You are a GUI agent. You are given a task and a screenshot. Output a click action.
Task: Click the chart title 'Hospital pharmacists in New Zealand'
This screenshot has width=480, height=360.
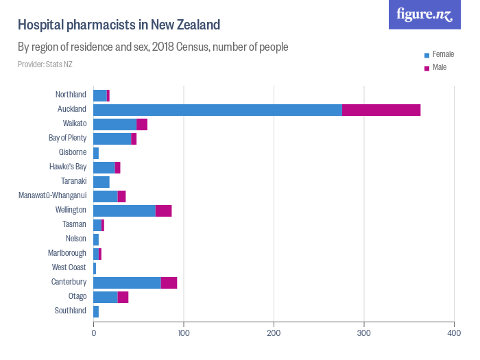tap(119, 25)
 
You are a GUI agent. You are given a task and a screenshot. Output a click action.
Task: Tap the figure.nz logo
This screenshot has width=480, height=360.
tap(424, 14)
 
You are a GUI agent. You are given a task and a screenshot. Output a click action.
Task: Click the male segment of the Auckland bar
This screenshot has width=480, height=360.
tap(381, 110)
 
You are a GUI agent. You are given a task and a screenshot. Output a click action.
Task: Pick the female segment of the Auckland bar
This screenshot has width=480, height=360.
tap(217, 110)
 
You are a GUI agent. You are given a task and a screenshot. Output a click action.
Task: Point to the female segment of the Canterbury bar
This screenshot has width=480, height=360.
tap(127, 283)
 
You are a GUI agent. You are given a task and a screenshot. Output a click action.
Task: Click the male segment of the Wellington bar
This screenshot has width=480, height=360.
tap(163, 211)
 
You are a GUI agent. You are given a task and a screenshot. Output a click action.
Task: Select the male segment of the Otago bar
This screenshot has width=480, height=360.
tap(123, 297)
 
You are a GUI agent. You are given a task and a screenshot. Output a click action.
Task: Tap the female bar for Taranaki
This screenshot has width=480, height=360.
tap(101, 182)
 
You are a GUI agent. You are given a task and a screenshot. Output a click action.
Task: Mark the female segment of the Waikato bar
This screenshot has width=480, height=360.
tap(115, 124)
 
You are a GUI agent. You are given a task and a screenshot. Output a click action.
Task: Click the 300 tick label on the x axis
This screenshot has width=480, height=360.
tap(364, 333)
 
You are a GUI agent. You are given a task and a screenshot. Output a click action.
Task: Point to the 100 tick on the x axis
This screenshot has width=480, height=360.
tap(184, 333)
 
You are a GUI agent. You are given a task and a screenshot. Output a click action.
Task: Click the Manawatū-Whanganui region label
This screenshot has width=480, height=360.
tap(53, 196)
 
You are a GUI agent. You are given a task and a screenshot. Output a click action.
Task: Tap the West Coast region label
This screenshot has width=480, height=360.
tap(69, 268)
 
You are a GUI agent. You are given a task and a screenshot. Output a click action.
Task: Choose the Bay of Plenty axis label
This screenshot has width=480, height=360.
tap(67, 139)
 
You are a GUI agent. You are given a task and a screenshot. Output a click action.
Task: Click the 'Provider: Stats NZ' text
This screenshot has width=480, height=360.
tap(45, 64)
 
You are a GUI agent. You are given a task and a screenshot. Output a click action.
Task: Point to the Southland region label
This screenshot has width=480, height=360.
tap(71, 311)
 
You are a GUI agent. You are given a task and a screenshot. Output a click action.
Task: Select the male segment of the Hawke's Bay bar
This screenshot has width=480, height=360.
tap(117, 167)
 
